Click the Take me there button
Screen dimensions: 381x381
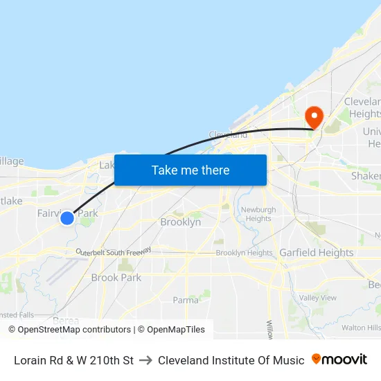190,170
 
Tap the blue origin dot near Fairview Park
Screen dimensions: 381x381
67,218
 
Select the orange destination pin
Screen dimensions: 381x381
314,116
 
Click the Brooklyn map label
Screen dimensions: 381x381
180,222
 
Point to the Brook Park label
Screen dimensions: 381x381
116,278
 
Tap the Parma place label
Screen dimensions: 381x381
185,300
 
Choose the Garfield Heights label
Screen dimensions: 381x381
316,253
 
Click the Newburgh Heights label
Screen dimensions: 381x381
258,214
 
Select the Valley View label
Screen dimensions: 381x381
318,298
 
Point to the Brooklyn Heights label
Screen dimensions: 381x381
244,253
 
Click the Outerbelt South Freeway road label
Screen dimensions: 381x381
114,254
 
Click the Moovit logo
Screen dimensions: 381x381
339,360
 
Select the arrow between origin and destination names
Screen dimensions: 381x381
145,360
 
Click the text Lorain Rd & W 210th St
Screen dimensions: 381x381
73,360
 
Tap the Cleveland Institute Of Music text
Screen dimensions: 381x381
231,360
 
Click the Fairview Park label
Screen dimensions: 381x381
67,213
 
